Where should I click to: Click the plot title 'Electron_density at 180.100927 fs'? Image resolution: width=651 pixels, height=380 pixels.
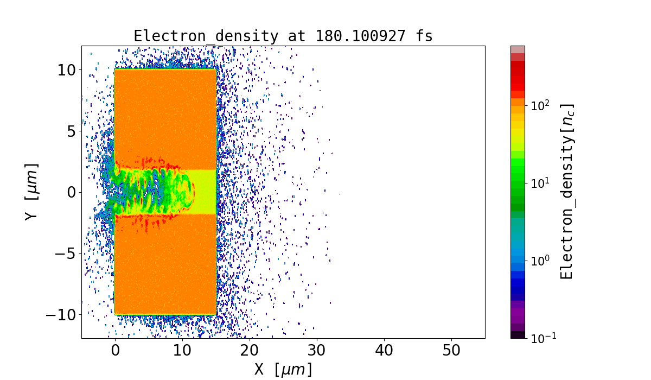coord(283,36)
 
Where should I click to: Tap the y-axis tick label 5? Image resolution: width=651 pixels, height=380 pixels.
coord(71,131)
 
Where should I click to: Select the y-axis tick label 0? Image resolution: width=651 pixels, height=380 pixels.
coord(71,192)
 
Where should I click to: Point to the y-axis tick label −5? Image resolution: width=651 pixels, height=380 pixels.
coord(65,254)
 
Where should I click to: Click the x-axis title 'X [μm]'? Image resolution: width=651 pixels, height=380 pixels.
coord(283,369)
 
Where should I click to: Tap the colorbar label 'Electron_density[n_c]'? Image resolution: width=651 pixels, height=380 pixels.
coord(566,191)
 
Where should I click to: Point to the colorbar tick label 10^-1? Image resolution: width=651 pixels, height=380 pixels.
coord(541,338)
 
